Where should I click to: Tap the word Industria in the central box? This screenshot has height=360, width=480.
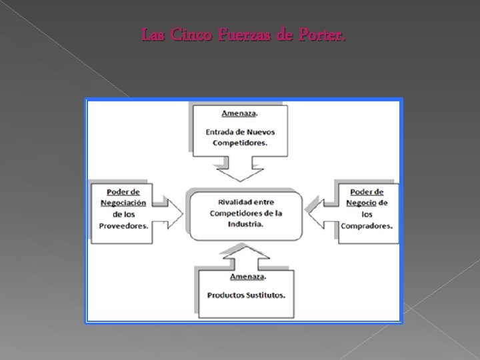click(246, 224)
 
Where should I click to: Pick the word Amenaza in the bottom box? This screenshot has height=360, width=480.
click(229, 275)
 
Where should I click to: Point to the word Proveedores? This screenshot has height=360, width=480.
click(124, 225)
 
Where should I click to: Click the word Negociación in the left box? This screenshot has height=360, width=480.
click(124, 203)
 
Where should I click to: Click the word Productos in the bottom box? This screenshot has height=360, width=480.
click(225, 295)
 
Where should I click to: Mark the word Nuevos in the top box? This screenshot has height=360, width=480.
click(260, 131)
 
